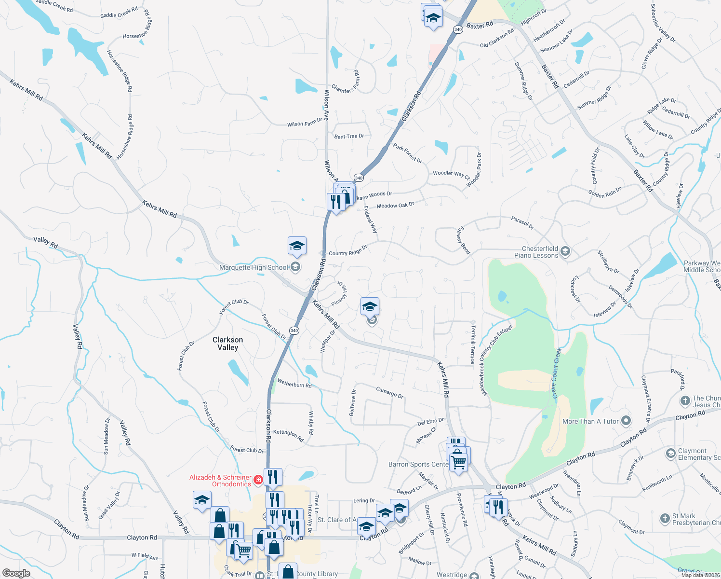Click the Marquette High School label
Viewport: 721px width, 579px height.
click(254, 267)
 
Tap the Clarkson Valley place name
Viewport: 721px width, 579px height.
click(227, 344)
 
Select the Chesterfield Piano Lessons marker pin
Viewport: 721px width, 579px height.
click(566, 251)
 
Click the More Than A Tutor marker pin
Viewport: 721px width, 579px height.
click(626, 421)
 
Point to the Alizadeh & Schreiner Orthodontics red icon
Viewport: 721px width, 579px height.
click(258, 480)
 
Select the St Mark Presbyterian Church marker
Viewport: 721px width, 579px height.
click(665, 519)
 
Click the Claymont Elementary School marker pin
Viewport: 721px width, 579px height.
click(670, 454)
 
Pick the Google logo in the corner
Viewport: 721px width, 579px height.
click(16, 573)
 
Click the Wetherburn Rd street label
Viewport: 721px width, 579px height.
click(294, 384)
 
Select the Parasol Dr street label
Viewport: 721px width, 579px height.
click(522, 222)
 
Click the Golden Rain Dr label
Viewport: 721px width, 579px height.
click(604, 193)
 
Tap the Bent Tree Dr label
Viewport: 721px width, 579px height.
click(349, 136)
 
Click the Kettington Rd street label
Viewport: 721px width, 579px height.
click(288, 435)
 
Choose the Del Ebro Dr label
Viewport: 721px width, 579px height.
click(430, 422)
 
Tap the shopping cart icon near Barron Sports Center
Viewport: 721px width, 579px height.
click(459, 462)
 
